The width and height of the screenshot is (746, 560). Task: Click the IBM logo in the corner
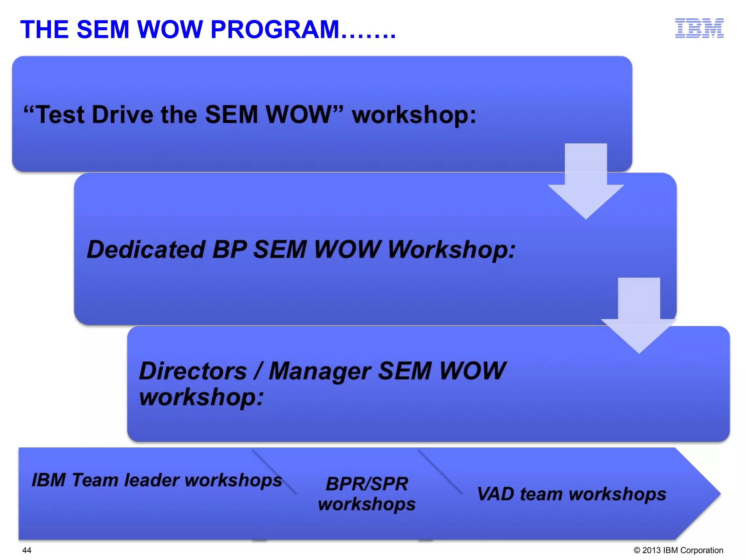point(699,28)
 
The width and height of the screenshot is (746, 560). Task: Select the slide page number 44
point(27,550)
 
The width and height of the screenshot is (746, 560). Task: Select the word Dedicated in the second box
point(146,250)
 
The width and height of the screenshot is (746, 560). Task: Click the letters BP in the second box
point(229,250)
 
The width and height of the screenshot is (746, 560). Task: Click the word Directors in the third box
point(193,371)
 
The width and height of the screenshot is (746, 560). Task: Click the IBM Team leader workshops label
point(157,480)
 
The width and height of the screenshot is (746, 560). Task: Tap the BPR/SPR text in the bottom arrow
point(367,484)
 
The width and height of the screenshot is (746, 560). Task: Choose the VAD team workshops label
point(572,494)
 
